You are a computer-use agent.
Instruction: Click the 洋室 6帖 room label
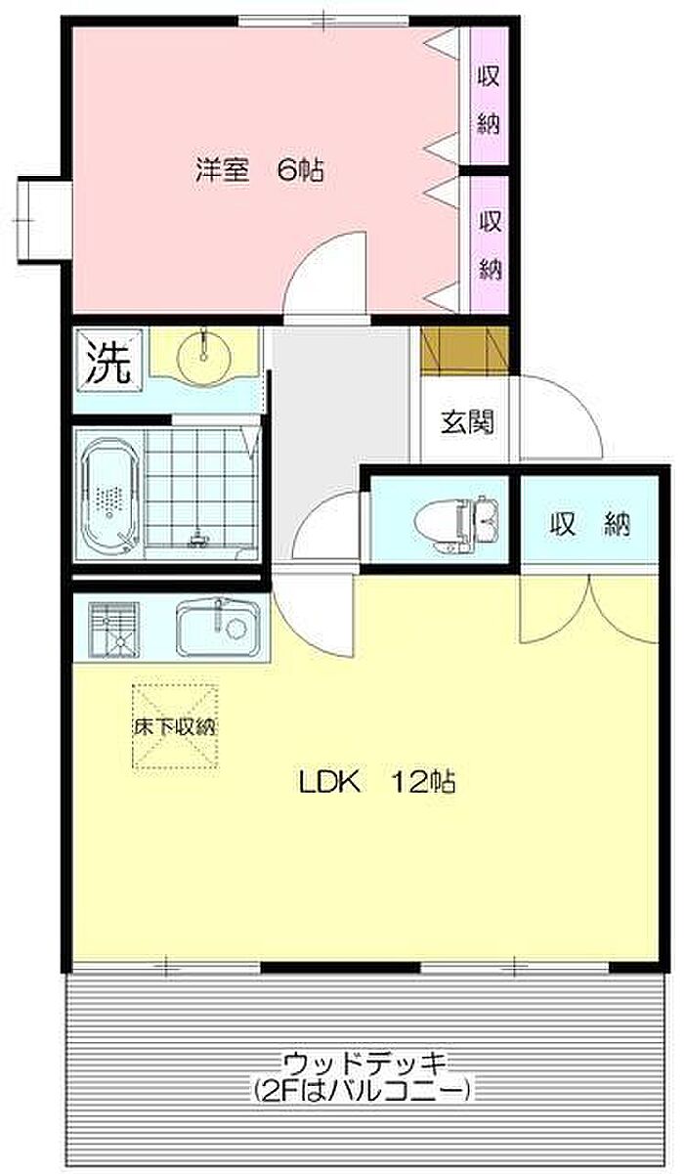pyautogui.click(x=259, y=170)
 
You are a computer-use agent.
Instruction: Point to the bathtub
pyautogui.click(x=109, y=496)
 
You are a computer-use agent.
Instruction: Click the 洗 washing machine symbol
pyautogui.click(x=108, y=361)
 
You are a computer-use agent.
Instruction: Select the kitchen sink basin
pyautogui.click(x=218, y=629)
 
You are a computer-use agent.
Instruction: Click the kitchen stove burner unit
pyautogui.click(x=114, y=630)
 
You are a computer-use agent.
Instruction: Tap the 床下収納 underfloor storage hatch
pyautogui.click(x=176, y=726)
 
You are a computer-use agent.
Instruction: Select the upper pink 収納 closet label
pyautogui.click(x=489, y=100)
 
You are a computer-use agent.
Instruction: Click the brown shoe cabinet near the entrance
pyautogui.click(x=465, y=350)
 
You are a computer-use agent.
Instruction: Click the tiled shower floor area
pyautogui.click(x=201, y=488)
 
